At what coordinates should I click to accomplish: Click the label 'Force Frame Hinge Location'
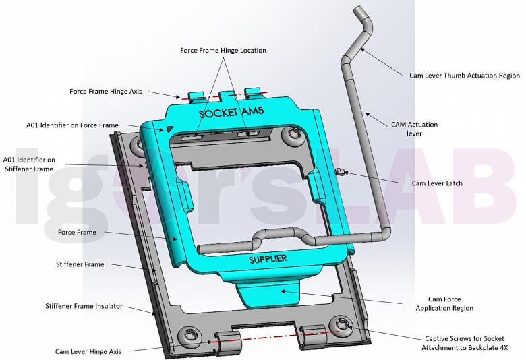tap(223, 51)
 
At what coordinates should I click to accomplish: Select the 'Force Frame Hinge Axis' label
tap(106, 91)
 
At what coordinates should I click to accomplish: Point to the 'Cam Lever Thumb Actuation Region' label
tap(465, 76)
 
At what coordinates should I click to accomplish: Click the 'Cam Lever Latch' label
tap(436, 183)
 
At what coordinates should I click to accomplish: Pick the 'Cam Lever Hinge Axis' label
tap(88, 351)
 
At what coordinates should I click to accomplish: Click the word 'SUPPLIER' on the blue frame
tap(268, 259)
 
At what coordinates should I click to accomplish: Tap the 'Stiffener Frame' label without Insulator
tap(80, 264)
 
